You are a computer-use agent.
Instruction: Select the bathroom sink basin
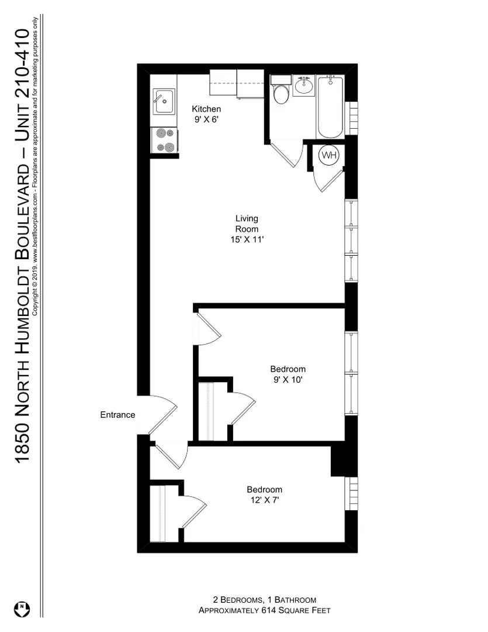tap(303, 87)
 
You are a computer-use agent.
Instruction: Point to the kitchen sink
tap(163, 102)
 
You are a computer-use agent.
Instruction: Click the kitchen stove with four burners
tap(164, 140)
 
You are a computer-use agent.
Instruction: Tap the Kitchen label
tap(207, 109)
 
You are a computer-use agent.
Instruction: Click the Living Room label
tap(247, 224)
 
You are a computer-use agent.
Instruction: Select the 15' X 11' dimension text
tap(247, 239)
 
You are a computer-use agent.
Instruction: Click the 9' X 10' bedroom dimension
tap(288, 379)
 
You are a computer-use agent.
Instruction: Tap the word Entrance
tap(117, 415)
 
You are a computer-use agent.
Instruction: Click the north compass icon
tap(22, 609)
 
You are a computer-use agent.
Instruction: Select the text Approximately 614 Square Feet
tap(264, 610)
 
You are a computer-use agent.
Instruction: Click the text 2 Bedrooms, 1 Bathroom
tap(264, 600)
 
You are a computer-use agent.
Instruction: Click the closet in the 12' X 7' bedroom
tap(159, 513)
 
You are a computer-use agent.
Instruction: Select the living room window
tap(351, 241)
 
